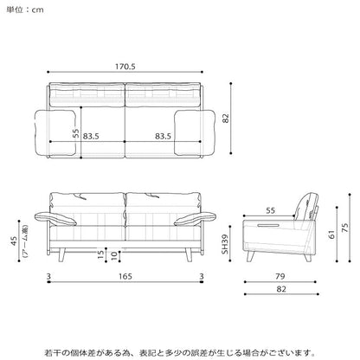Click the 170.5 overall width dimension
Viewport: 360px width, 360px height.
(125, 67)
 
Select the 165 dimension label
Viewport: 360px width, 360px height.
(125, 276)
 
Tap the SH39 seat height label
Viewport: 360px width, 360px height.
(225, 244)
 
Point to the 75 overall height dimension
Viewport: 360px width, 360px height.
(344, 228)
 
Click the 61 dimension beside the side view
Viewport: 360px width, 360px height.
(332, 235)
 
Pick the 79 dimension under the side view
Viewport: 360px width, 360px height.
(280, 276)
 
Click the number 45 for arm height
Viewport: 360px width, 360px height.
(14, 241)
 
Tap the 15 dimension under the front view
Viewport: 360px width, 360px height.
(100, 254)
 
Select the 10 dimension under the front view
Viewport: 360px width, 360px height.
(114, 255)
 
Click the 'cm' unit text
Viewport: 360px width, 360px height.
(37, 10)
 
